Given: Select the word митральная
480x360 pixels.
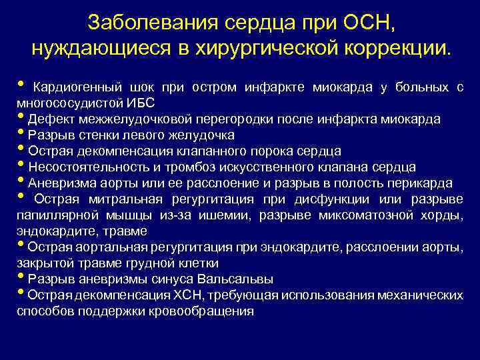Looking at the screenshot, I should pyautogui.click(x=114, y=199).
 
